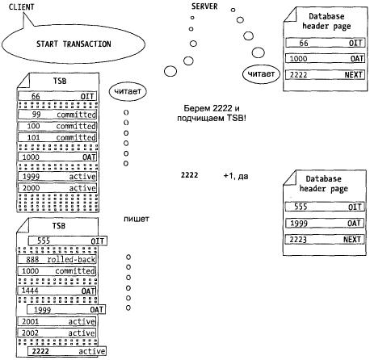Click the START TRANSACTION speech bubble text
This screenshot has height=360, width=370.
(74, 44)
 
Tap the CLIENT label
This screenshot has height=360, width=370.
(22, 6)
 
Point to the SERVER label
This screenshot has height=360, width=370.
(204, 6)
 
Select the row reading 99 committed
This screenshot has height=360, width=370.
(57, 115)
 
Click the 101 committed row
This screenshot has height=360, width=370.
(57, 137)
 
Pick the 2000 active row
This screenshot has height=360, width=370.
(57, 188)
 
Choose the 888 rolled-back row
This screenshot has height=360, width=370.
(57, 259)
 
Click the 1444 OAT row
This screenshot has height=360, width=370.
(57, 291)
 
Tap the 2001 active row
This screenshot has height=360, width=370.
(57, 321)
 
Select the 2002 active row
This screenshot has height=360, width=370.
(57, 333)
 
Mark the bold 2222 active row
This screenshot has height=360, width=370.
(67, 351)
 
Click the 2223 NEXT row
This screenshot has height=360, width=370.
(325, 239)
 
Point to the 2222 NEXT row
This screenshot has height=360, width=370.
(326, 74)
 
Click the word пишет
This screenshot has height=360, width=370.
(137, 219)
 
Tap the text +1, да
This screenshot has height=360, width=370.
(236, 176)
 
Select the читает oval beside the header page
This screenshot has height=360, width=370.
(261, 73)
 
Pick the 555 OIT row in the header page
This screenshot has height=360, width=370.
(325, 207)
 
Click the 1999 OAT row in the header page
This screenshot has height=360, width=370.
(325, 223)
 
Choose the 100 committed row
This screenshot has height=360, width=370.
(57, 126)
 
